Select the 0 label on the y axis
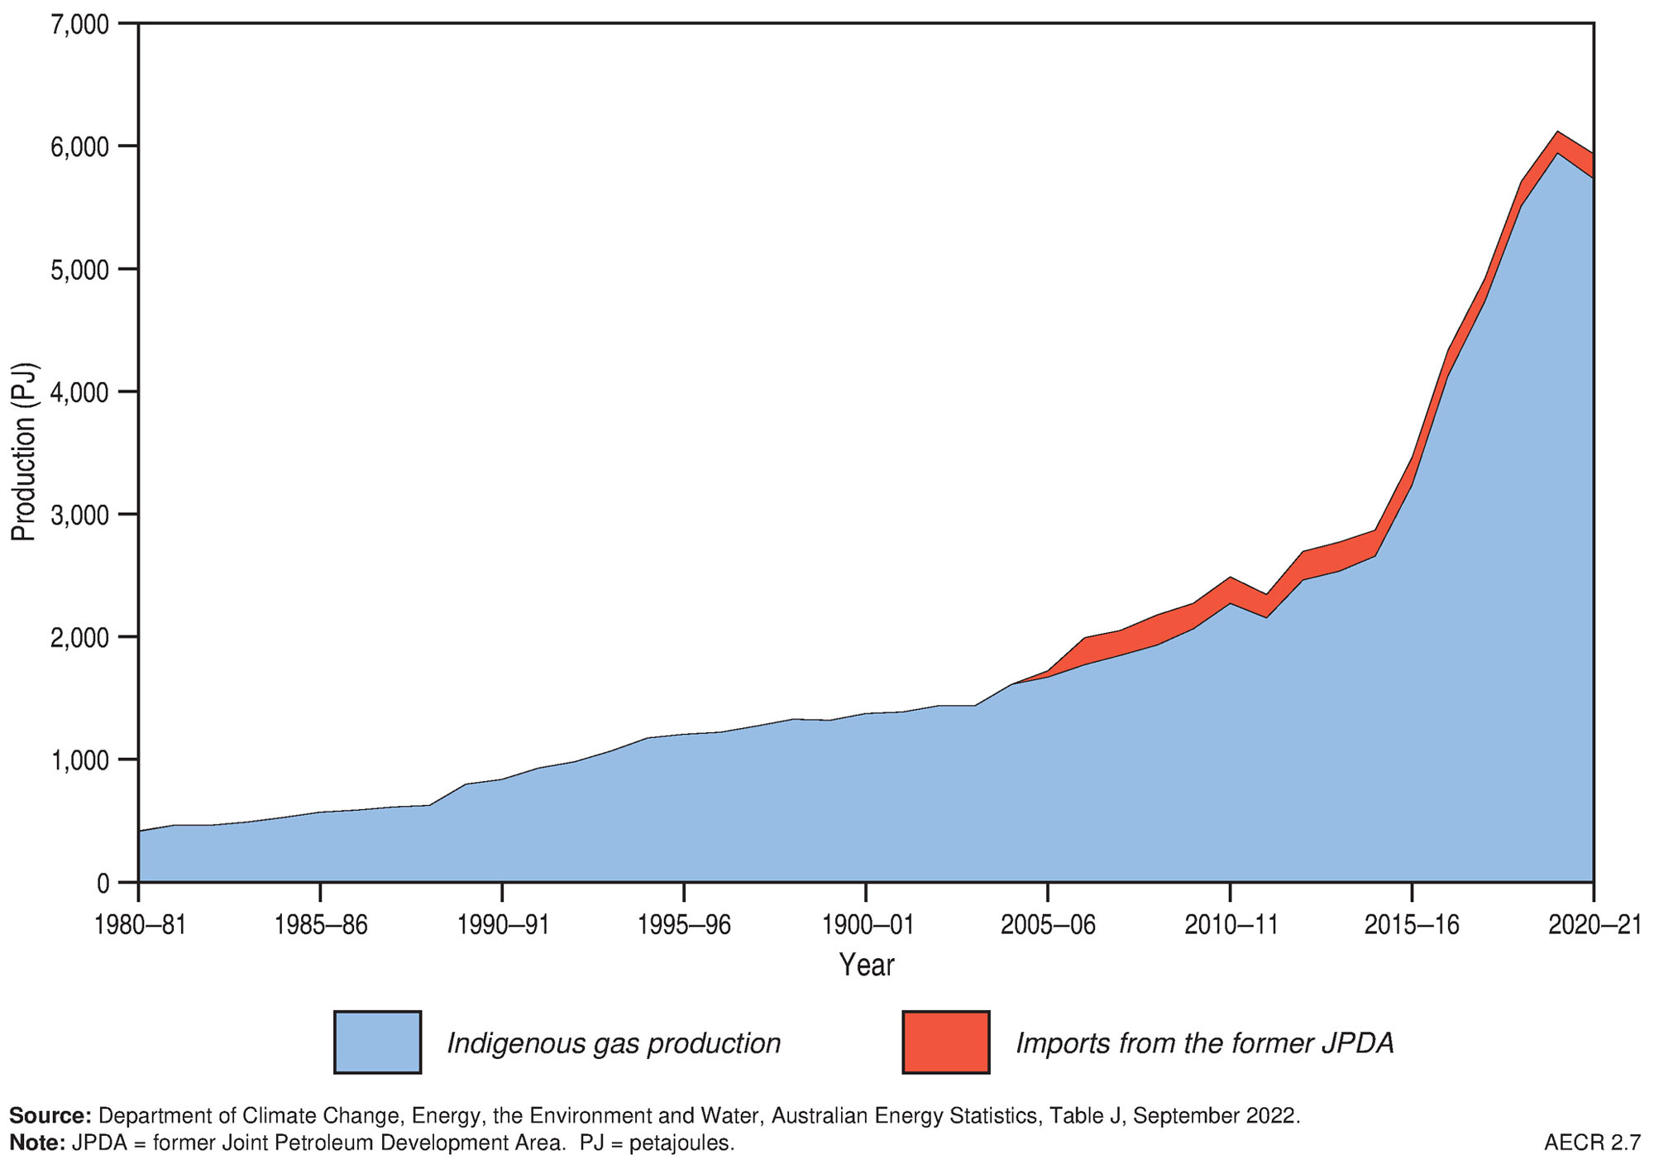(103, 883)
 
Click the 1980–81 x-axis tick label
(140, 925)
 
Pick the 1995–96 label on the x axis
(685, 925)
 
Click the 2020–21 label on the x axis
(1594, 925)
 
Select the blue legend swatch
(377, 1043)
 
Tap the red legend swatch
(946, 1043)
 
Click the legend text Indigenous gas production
(614, 1043)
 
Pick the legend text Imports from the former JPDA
(1205, 1043)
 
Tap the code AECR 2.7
(1592, 1143)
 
